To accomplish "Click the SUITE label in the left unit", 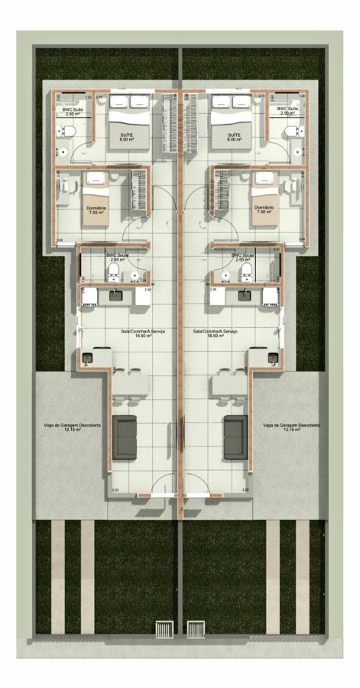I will pos(127,137).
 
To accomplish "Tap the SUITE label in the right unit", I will pos(233,137).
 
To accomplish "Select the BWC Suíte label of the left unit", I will pos(73,111).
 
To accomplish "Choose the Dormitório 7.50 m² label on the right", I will pos(264,209).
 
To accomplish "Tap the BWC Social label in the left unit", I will pos(116,257).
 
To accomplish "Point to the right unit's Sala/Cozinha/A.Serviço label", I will pos(217,333).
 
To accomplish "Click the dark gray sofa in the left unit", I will pos(125,438).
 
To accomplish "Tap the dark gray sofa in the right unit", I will pos(233,438).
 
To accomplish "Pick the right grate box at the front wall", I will pos(196,628).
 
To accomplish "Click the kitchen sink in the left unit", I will pos(117,294).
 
